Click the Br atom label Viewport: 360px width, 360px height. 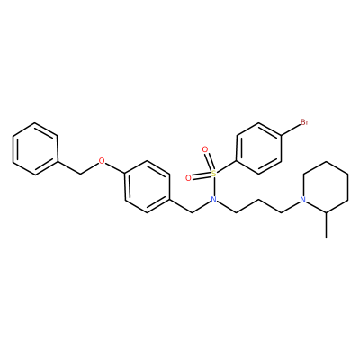[304, 122]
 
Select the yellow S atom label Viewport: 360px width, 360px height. [214, 174]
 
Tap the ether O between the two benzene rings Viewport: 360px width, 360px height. [103, 161]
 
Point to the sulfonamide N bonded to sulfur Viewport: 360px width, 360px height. [214, 200]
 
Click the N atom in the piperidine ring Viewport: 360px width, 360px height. [303, 200]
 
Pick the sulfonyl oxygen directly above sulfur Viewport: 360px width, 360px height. [205, 149]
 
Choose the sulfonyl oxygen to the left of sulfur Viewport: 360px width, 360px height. [188, 178]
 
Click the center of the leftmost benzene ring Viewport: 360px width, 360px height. [35, 148]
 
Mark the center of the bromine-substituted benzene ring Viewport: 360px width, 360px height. [259, 148]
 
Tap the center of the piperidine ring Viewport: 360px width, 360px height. [326, 186]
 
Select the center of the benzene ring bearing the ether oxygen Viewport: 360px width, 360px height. [147, 186]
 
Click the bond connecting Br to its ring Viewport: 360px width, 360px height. [291, 130]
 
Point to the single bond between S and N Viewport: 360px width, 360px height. [214, 186]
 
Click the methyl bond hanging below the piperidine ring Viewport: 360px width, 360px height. [326, 225]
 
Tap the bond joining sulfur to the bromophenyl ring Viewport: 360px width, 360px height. [227, 166]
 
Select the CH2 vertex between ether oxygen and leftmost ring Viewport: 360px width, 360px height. [80, 174]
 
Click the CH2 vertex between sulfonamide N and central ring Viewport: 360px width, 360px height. [192, 212]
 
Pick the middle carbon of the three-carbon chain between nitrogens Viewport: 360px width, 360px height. [259, 200]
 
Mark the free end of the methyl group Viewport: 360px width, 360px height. [326, 238]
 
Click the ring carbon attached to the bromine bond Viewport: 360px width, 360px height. [281, 136]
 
